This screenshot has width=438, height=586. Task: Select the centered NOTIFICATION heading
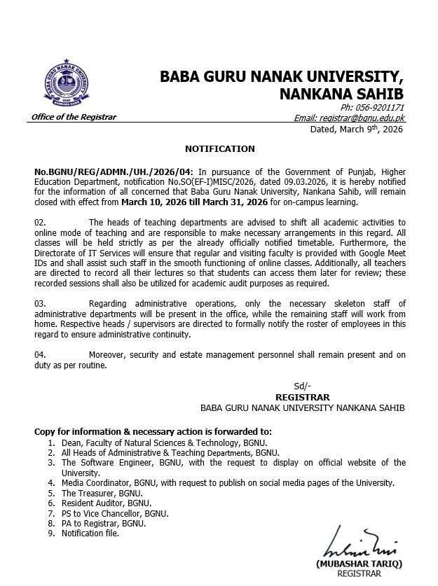pyautogui.click(x=219, y=149)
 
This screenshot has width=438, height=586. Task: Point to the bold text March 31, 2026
pyautogui.click(x=233, y=203)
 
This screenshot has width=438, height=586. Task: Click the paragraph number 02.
pyautogui.click(x=40, y=222)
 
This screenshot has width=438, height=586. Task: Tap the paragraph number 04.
pyautogui.click(x=40, y=355)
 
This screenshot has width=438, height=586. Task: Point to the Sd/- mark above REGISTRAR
pyautogui.click(x=302, y=386)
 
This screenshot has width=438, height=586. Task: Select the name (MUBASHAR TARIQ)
pyautogui.click(x=348, y=564)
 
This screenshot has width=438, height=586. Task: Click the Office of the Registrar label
pyautogui.click(x=74, y=117)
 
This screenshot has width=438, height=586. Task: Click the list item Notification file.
pyautogui.click(x=90, y=533)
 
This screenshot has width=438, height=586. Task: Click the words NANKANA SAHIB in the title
pyautogui.click(x=341, y=93)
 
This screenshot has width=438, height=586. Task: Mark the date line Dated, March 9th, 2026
pyautogui.click(x=357, y=130)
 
